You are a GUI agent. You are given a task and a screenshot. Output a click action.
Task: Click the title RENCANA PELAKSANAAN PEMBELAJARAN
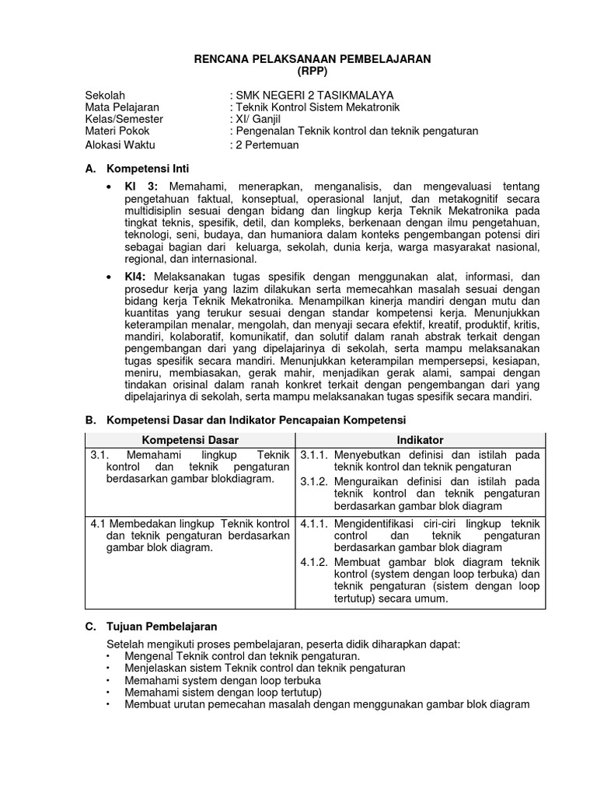click(x=311, y=59)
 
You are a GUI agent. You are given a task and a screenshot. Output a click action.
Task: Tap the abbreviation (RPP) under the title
click(x=311, y=72)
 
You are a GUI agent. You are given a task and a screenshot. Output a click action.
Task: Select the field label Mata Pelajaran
click(x=122, y=107)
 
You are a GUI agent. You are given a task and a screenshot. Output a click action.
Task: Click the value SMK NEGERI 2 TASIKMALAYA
click(x=315, y=95)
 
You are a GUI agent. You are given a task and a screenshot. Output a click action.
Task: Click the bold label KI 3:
click(x=141, y=188)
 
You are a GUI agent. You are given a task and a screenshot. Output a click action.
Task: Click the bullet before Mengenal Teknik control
click(x=107, y=656)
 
